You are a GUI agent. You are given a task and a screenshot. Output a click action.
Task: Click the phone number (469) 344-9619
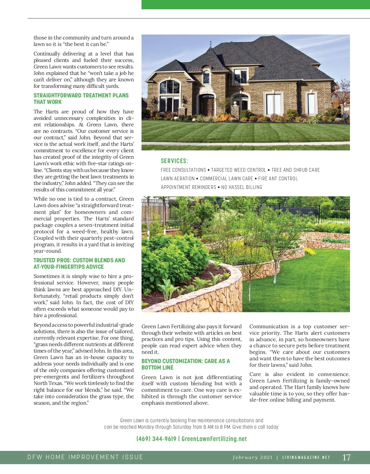pyautogui.click(x=156, y=439)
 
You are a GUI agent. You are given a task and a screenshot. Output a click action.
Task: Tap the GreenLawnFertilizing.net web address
pyautogui.click(x=214, y=439)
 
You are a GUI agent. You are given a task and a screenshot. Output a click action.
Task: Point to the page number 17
pyautogui.click(x=347, y=457)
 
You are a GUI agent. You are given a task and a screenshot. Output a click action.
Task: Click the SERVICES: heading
pyautogui.click(x=174, y=161)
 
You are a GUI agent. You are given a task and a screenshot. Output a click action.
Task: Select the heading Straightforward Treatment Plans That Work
pyautogui.click(x=81, y=99)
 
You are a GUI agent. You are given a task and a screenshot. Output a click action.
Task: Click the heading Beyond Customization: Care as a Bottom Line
pyautogui.click(x=186, y=364)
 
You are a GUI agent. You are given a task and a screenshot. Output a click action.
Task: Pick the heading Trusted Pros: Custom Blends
pyautogui.click(x=79, y=264)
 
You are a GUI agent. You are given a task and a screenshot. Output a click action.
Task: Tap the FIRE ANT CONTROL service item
pyautogui.click(x=278, y=179)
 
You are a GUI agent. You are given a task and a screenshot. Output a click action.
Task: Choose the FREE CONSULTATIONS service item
pyautogui.click(x=183, y=170)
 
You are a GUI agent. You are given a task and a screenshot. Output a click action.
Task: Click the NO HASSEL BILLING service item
pyautogui.click(x=242, y=187)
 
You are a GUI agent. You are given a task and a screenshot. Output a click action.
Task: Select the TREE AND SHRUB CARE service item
pyautogui.click(x=295, y=170)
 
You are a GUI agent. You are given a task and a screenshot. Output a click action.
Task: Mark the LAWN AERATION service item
pyautogui.click(x=178, y=179)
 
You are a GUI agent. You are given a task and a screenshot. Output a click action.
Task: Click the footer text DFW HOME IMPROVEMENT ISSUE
pyautogui.click(x=85, y=457)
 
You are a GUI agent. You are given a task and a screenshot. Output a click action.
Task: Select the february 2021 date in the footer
pyautogui.click(x=253, y=457)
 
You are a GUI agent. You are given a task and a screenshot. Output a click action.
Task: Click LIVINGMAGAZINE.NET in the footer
pyautogui.click(x=306, y=457)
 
